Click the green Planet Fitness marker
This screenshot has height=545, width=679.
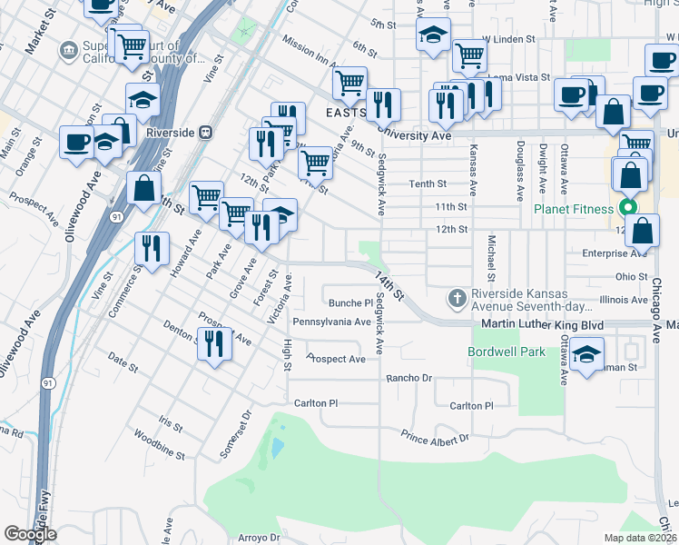627,208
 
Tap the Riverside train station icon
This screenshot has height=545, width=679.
206,133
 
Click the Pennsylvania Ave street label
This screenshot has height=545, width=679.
331,322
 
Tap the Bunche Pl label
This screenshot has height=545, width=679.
350,302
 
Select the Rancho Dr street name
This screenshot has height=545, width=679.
411,378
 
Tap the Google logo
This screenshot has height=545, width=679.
30,533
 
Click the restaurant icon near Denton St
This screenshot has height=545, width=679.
214,344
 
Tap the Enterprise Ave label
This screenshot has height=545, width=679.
615,253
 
